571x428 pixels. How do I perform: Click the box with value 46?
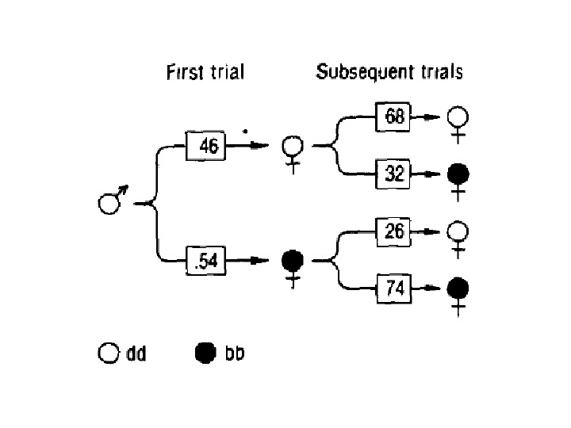(x=205, y=146)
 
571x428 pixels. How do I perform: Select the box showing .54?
(x=205, y=260)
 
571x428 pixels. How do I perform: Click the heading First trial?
(x=205, y=73)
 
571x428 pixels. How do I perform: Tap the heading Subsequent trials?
(x=389, y=72)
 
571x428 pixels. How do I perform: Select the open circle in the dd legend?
(x=108, y=353)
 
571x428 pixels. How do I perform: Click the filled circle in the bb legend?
(x=205, y=353)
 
